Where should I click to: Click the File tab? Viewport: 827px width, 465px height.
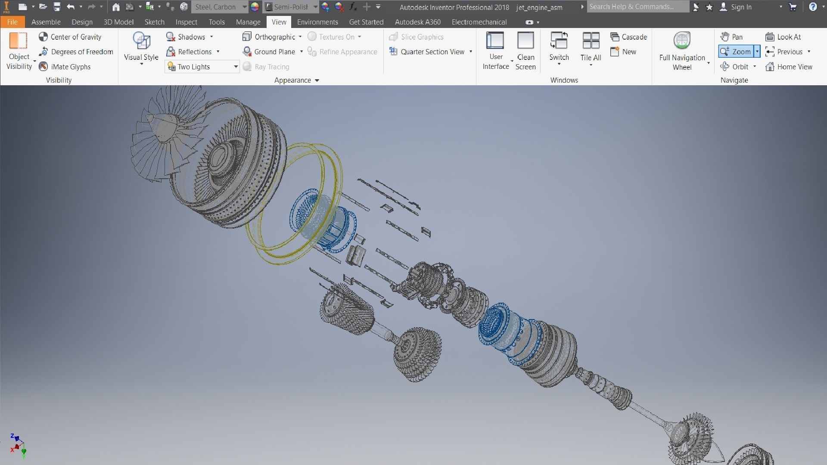[12, 22]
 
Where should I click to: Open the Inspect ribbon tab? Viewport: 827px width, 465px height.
[186, 22]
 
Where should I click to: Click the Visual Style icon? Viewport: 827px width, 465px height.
[141, 41]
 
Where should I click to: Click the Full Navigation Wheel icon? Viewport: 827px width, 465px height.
[682, 41]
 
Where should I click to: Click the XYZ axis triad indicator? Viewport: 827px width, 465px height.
[17, 445]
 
